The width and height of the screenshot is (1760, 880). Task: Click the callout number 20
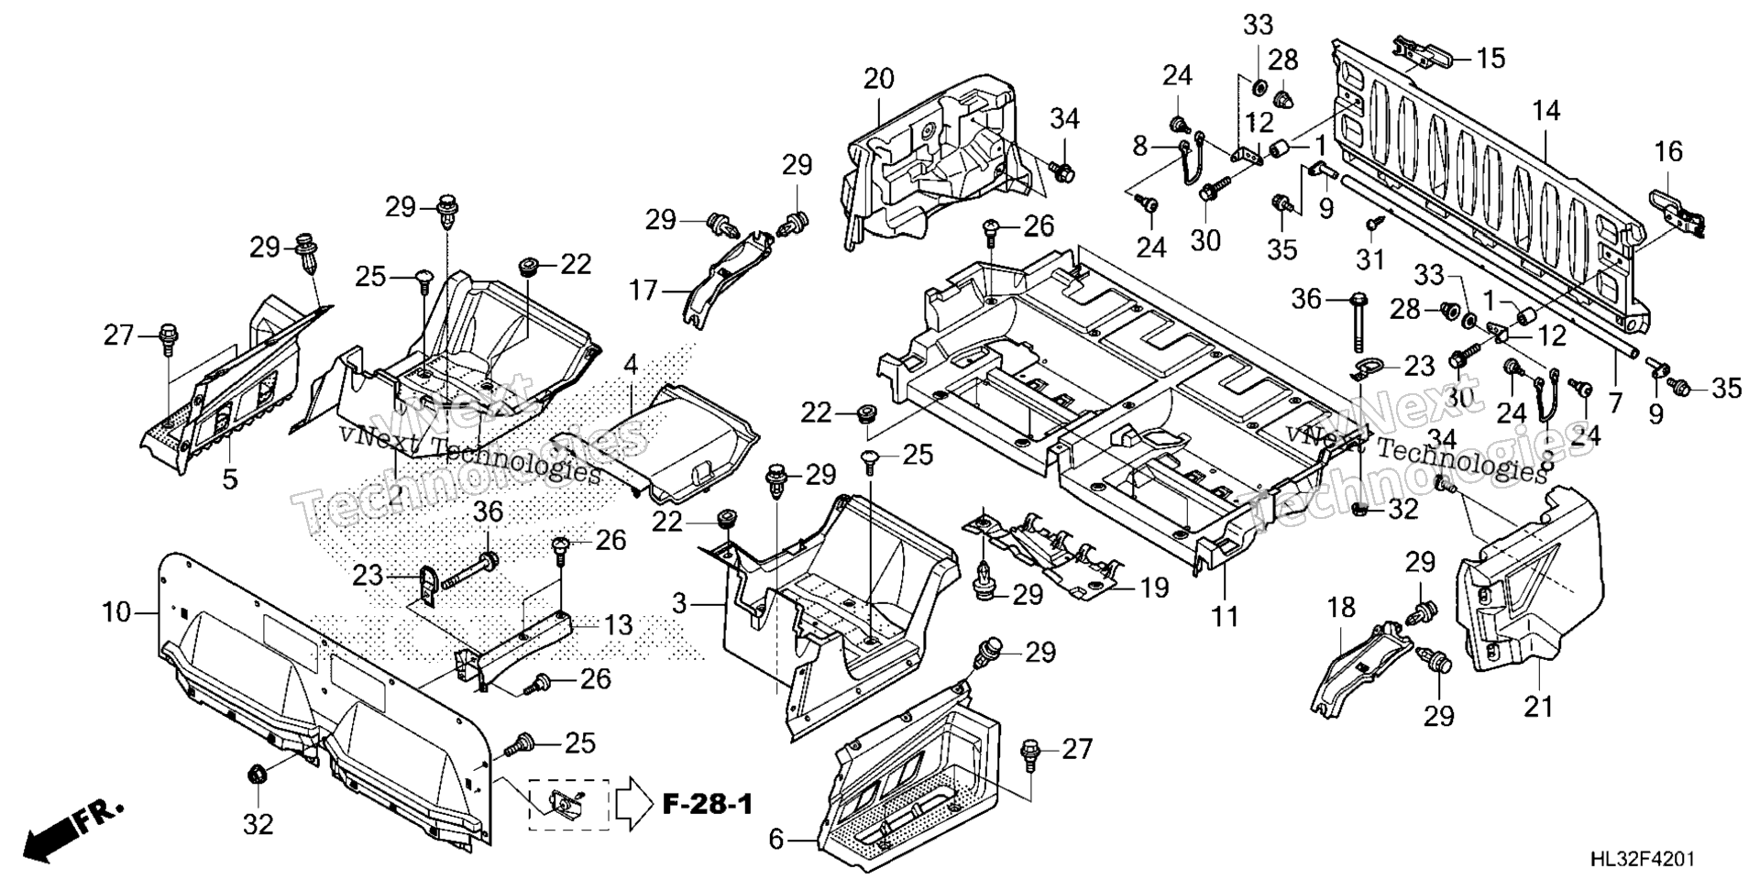(878, 80)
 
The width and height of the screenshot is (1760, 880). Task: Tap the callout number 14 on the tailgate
(1545, 112)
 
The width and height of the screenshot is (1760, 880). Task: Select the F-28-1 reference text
(707, 805)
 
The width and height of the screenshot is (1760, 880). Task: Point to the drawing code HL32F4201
(1642, 859)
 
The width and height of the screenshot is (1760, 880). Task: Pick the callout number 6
(776, 839)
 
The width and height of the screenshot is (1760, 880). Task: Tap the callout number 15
(1490, 59)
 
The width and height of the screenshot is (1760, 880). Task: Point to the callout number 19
(1155, 587)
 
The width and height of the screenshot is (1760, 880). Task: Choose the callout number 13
(619, 625)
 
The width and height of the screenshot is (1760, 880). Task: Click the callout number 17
(643, 291)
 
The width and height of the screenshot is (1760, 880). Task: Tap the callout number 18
(1341, 607)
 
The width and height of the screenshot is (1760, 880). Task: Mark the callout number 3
(678, 604)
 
